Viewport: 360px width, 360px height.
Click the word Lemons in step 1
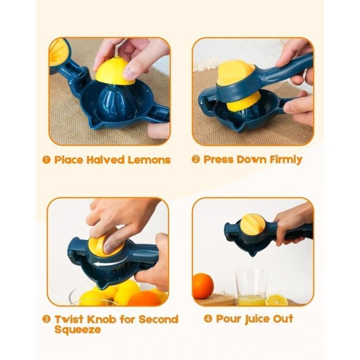(x=149, y=160)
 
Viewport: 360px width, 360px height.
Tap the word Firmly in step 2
(x=286, y=160)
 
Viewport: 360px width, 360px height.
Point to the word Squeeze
(x=78, y=330)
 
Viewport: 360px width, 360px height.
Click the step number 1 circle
(x=46, y=160)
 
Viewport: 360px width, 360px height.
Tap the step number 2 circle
(x=196, y=159)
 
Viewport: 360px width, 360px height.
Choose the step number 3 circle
(x=46, y=319)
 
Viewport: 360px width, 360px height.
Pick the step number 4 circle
(x=208, y=319)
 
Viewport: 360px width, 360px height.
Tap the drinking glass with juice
(x=251, y=287)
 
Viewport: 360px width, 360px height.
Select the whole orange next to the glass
(x=203, y=286)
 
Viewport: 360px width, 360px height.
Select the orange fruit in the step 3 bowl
(x=144, y=298)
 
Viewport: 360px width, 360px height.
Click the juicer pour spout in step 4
(x=252, y=253)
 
